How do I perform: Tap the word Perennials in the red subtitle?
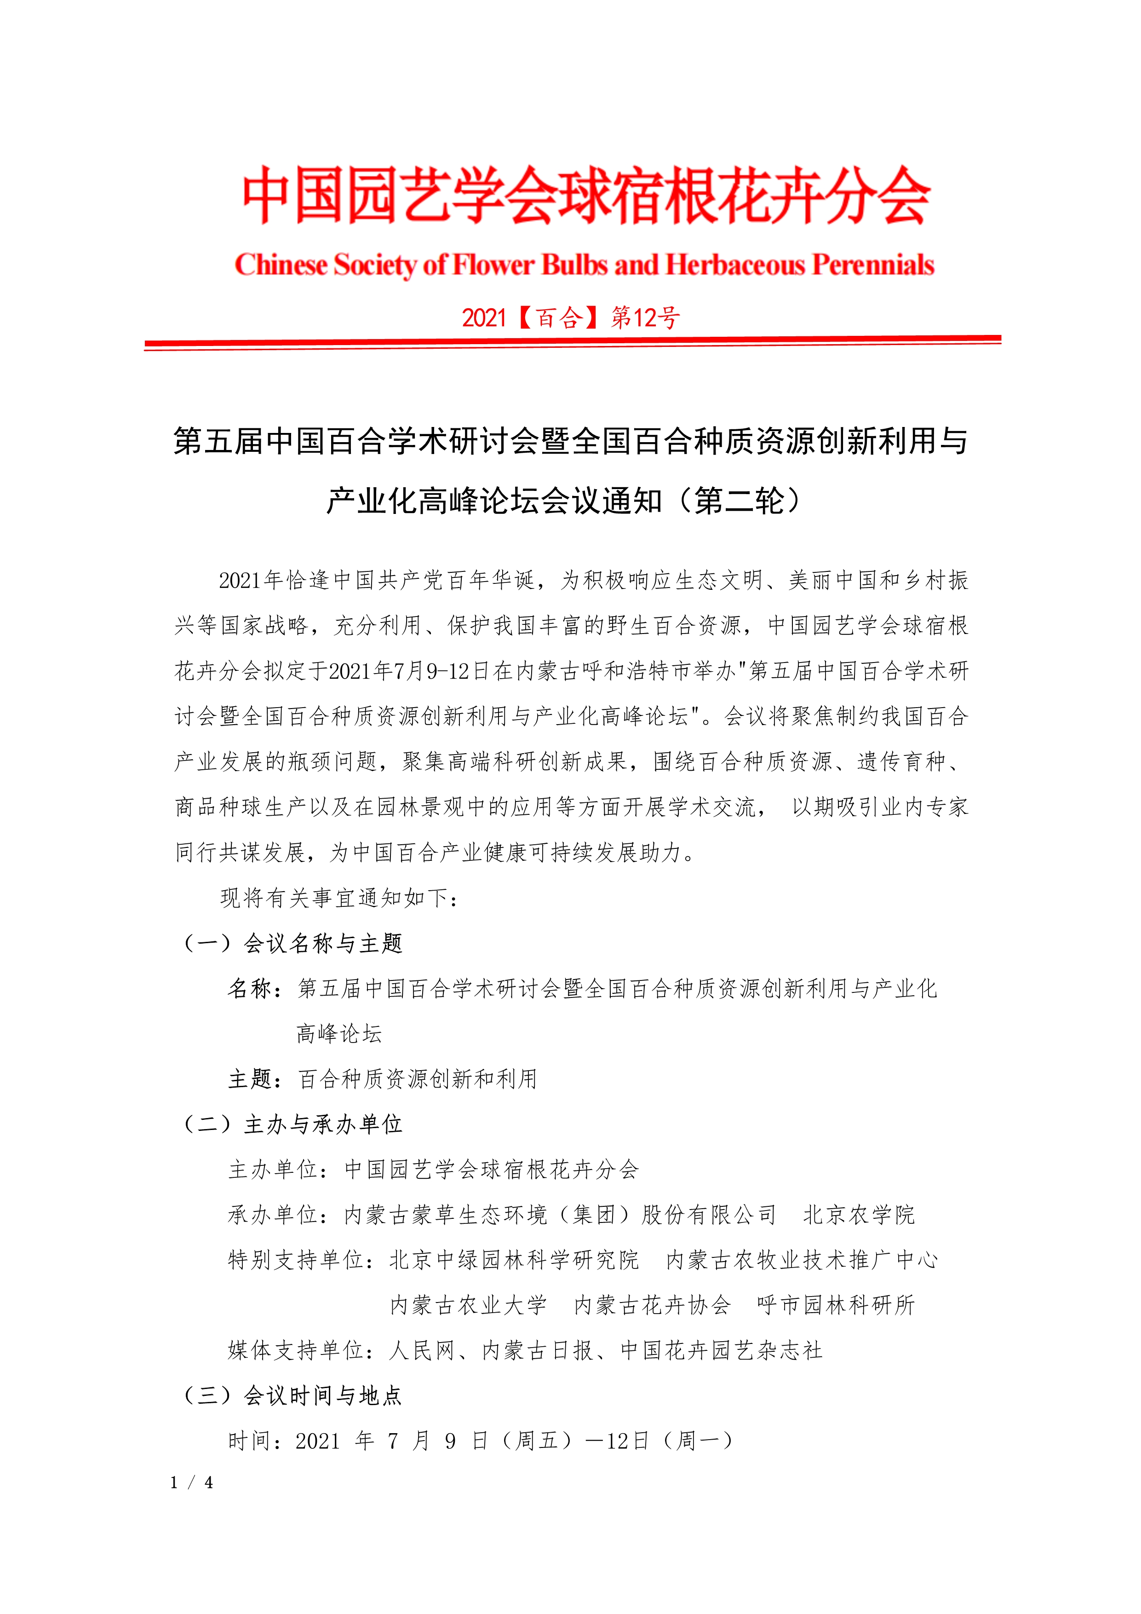coord(873,265)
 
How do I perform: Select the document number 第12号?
coord(645,318)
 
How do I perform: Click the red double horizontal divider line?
coord(572,342)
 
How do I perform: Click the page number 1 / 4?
coord(191,1482)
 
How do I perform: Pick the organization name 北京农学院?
coord(859,1215)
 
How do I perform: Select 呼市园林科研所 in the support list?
coord(836,1305)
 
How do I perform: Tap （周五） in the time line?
coord(537,1441)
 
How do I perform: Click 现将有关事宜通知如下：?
coord(340,898)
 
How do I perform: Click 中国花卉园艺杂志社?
coord(722,1350)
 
